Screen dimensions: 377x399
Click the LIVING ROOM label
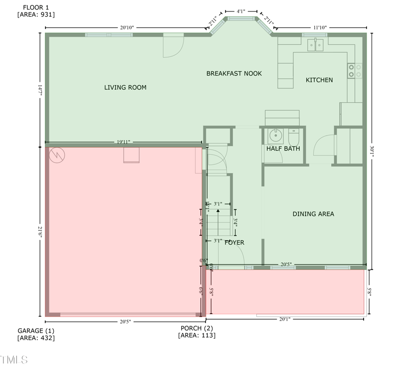[125, 88]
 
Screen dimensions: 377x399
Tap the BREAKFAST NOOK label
[234, 74]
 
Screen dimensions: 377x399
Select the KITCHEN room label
[319, 80]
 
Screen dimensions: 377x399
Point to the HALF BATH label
[283, 149]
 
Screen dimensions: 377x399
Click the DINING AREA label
[313, 214]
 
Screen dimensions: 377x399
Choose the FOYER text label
[234, 243]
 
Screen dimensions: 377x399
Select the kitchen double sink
[316, 45]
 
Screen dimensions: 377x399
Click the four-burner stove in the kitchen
[355, 70]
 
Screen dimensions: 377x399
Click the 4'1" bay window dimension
[241, 10]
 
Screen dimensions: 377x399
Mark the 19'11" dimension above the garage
[123, 142]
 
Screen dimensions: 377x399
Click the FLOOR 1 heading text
[36, 7]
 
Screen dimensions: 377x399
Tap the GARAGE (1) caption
[36, 331]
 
